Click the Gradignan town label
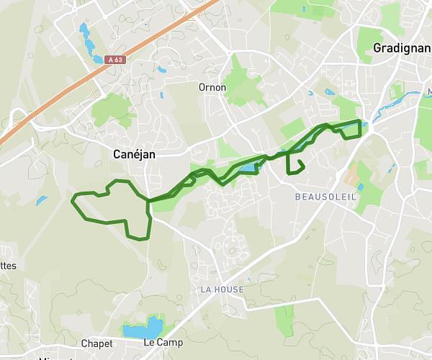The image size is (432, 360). click(x=402, y=48)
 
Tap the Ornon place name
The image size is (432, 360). click(x=212, y=87)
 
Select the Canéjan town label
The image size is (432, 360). click(x=135, y=153)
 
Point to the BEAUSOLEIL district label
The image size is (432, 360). click(x=325, y=197)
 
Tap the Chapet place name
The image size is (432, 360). click(x=97, y=343)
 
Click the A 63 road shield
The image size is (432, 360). click(x=114, y=60)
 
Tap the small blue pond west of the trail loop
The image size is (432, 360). click(x=41, y=201)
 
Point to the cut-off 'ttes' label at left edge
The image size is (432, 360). click(x=8, y=266)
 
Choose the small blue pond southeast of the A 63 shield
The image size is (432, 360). click(x=161, y=71)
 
